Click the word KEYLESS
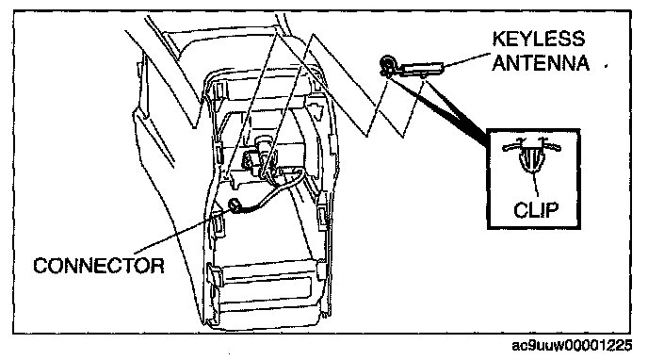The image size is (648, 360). (x=539, y=40)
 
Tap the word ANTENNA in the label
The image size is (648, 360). (x=541, y=63)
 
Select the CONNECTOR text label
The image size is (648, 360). (x=99, y=266)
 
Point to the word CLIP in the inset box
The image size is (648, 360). (x=536, y=210)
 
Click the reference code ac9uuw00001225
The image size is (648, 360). (x=572, y=345)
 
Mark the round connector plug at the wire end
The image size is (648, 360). (x=236, y=205)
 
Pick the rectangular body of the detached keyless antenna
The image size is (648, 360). (x=422, y=68)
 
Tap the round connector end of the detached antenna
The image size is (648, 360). (x=388, y=65)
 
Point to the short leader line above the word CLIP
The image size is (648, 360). (x=536, y=184)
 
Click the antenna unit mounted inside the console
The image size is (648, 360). (x=259, y=158)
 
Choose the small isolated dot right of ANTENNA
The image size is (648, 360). (x=607, y=65)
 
